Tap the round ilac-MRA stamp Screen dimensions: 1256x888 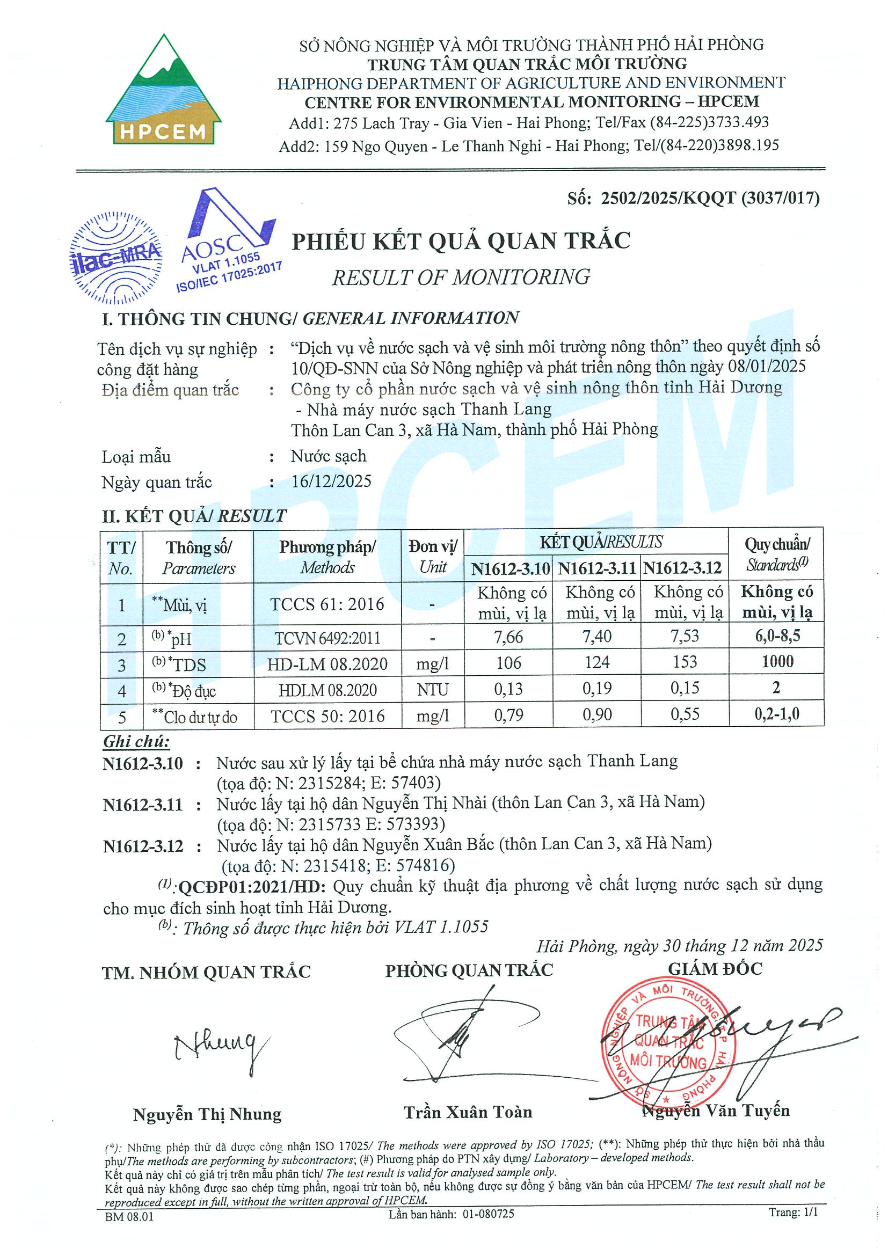(117, 257)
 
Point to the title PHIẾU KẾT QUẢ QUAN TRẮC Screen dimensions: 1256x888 (461, 241)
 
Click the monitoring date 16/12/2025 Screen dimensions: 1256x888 (331, 481)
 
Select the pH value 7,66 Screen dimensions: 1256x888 (508, 637)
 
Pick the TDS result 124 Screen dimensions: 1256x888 (596, 662)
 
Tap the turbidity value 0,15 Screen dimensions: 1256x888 (685, 688)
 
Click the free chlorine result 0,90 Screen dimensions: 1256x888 (596, 714)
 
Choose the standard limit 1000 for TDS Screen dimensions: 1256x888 (777, 662)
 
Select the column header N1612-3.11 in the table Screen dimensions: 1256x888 (596, 569)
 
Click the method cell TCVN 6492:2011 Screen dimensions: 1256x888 (327, 638)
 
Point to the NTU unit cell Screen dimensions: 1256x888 (432, 689)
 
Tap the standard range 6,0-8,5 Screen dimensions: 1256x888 (777, 636)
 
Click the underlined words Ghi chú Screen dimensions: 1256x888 (136, 742)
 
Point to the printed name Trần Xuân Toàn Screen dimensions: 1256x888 (468, 1113)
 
